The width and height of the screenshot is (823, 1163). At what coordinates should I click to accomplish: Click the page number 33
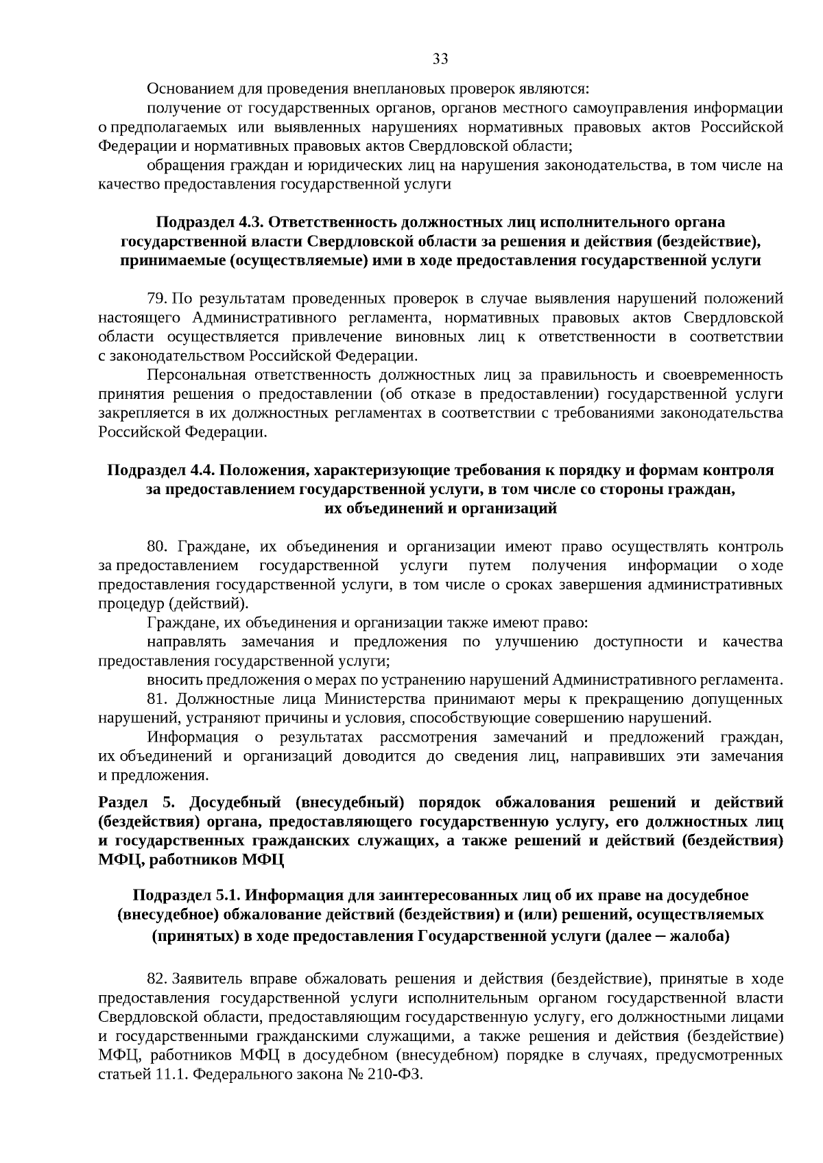tap(440, 59)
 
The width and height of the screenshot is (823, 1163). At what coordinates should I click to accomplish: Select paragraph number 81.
tap(157, 699)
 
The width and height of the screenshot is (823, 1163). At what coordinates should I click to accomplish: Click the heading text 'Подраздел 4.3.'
tap(210, 222)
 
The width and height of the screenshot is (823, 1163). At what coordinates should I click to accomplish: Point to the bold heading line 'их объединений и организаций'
tap(440, 509)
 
